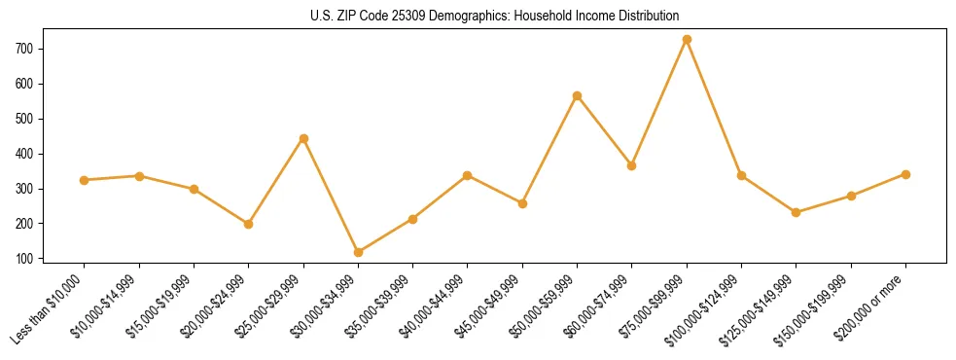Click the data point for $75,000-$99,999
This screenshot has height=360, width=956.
coord(687,39)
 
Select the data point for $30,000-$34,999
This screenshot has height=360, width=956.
coord(359,252)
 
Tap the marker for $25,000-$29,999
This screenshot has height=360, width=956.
coord(303,138)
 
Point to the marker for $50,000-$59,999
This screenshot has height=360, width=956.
coord(578,95)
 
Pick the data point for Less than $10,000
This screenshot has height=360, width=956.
coord(85,180)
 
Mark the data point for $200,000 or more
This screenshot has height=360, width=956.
coord(905,174)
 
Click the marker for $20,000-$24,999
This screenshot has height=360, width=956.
coord(249,224)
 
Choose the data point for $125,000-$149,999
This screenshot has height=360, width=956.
coord(797,212)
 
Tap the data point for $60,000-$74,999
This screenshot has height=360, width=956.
coord(632,165)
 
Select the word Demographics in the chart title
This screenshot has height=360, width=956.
coord(444,16)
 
